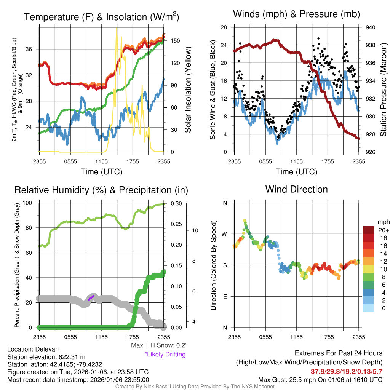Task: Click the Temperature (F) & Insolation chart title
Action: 101,17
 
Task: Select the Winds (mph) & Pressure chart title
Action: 296,14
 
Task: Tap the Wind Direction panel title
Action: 296,189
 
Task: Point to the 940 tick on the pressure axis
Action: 370,27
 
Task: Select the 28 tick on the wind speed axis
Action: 224,27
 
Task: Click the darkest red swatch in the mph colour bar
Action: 369,230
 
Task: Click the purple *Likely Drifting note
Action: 165,355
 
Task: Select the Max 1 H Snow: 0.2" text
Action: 159,345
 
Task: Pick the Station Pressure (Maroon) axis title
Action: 383,90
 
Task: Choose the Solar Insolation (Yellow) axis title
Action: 188,90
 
